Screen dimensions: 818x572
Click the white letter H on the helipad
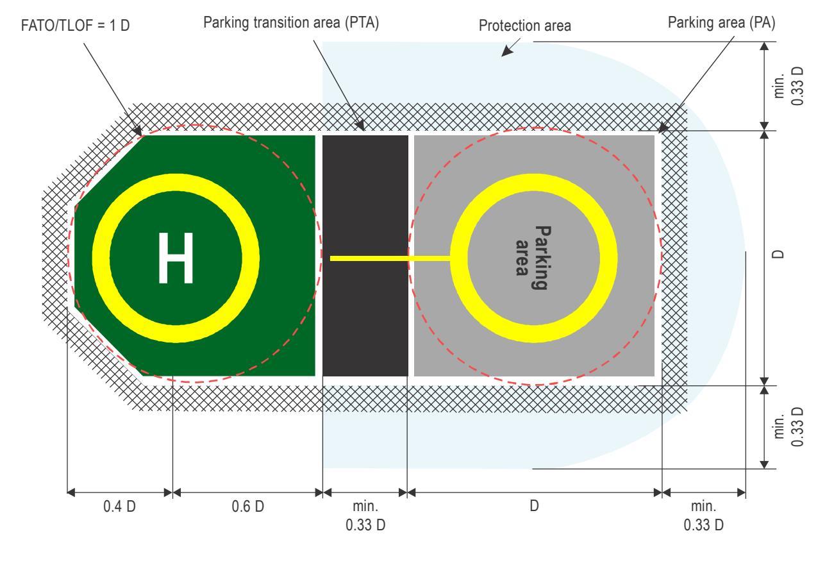[176, 258]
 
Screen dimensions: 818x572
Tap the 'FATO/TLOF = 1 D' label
[75, 26]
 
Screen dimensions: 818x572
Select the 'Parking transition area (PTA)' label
[291, 22]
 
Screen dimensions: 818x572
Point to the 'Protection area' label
[525, 26]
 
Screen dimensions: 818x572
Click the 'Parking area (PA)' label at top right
[722, 22]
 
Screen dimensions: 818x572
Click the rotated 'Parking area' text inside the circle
[533, 258]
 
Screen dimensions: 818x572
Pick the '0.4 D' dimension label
[119, 507]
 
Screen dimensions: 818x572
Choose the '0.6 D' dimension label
[247, 507]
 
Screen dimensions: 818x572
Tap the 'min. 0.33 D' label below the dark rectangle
[365, 516]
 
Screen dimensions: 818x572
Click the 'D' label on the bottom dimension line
[534, 506]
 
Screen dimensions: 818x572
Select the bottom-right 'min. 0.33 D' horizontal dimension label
[704, 516]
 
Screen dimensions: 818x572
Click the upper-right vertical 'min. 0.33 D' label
[789, 86]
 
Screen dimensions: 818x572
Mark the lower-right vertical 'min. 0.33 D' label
[789, 426]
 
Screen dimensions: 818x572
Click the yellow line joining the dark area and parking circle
[390, 258]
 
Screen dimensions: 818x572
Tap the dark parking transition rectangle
[365, 256]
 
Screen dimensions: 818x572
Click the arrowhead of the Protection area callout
[506, 52]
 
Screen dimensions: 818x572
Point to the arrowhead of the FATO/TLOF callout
[137, 130]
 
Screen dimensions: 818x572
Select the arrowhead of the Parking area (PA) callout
[663, 128]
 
